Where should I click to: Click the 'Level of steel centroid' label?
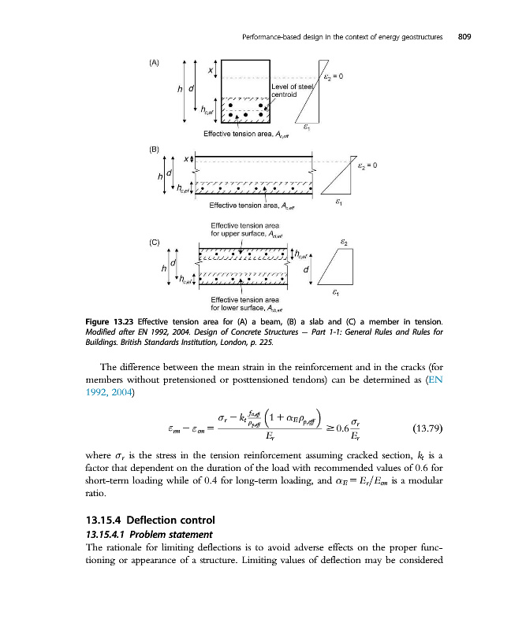pos(293,90)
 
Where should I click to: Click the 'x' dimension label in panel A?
pos(210,71)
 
